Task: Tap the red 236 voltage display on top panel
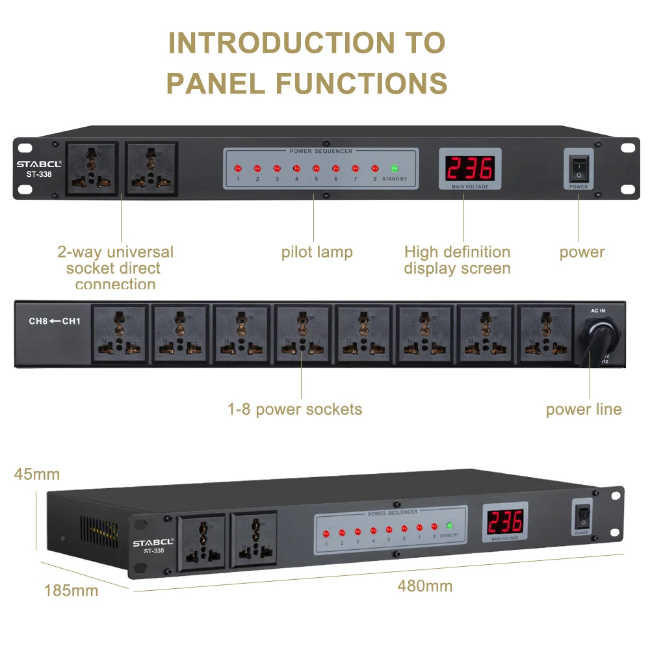[x=469, y=168]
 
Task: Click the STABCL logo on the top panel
[x=39, y=164]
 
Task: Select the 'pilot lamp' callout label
[x=317, y=252]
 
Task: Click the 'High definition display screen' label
[x=457, y=260]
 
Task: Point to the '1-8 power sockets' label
[x=294, y=409]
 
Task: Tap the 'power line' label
[x=583, y=409]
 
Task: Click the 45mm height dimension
[x=36, y=474]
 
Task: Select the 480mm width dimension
[x=424, y=586]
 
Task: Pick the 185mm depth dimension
[x=71, y=590]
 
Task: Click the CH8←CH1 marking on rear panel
[x=53, y=320]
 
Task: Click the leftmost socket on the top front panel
[x=92, y=169]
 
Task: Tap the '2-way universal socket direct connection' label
[x=115, y=268]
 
